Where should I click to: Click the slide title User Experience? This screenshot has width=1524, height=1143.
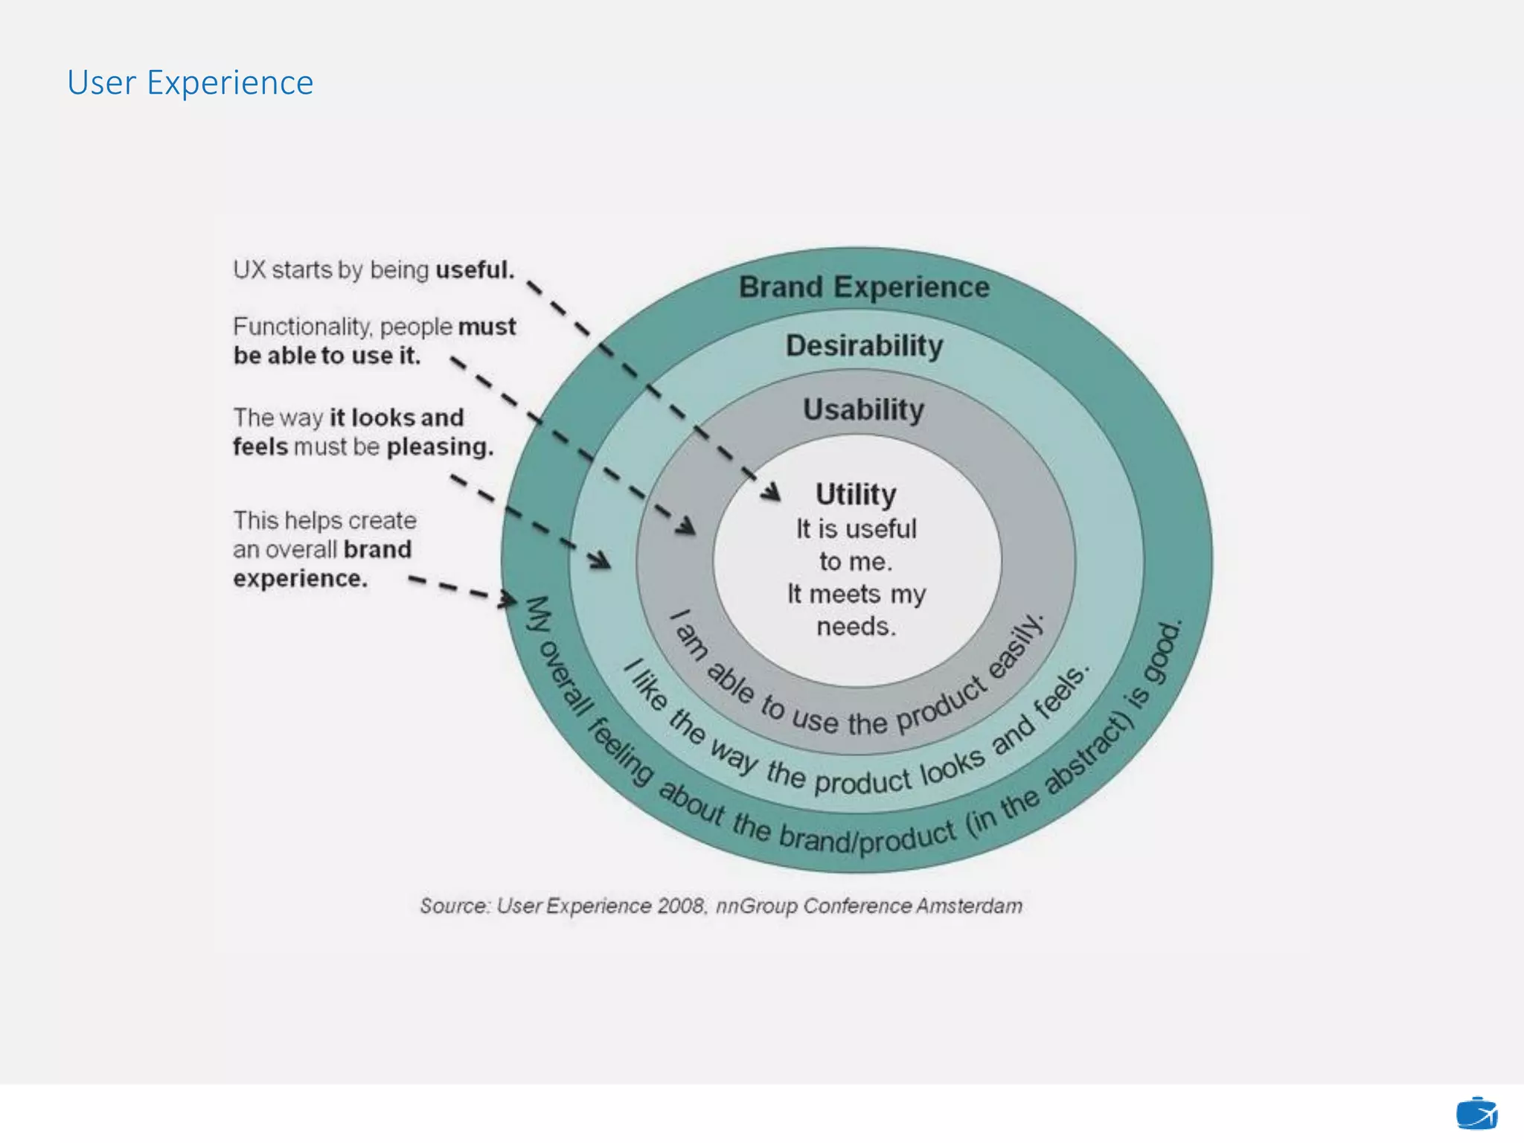pyautogui.click(x=190, y=83)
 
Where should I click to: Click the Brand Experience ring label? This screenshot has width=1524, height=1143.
pyautogui.click(x=864, y=287)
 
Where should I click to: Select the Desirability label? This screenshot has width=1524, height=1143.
pyautogui.click(x=864, y=346)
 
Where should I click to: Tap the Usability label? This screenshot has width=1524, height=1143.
pyautogui.click(x=863, y=410)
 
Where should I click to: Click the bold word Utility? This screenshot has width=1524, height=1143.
pyautogui.click(x=856, y=494)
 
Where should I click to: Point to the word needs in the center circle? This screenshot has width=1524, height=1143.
pyautogui.click(x=856, y=627)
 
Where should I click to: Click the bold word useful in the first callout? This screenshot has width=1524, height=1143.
pyautogui.click(x=474, y=269)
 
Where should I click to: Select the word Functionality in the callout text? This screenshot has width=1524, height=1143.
pyautogui.click(x=302, y=327)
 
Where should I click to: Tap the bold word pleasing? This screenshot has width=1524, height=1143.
pyautogui.click(x=440, y=446)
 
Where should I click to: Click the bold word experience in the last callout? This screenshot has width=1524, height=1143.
pyautogui.click(x=300, y=578)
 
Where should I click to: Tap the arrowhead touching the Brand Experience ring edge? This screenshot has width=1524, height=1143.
pyautogui.click(x=509, y=599)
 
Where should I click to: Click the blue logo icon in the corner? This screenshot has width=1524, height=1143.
pyautogui.click(x=1476, y=1114)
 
